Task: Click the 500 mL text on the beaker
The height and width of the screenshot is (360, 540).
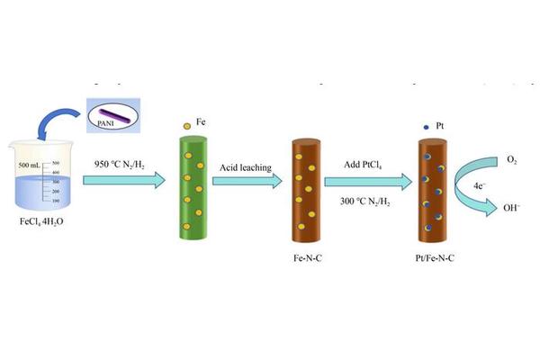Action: tap(31, 165)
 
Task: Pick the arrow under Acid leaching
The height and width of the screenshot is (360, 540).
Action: tap(247, 181)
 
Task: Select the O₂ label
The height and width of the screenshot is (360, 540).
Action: tap(512, 160)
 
